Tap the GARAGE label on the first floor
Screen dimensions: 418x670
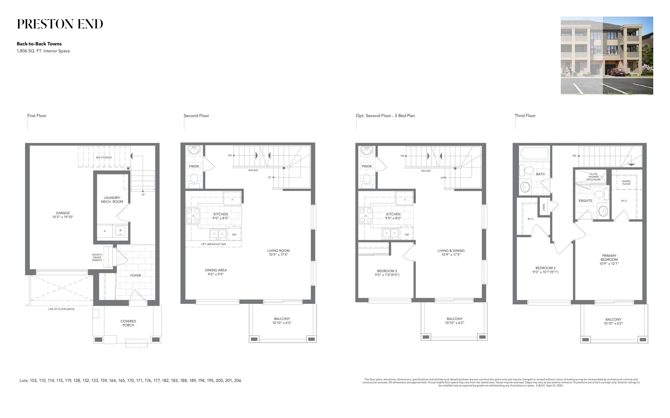(x=63, y=213)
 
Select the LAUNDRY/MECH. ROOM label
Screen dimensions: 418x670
(x=112, y=200)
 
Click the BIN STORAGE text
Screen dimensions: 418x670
(x=104, y=158)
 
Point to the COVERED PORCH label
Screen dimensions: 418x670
(x=128, y=323)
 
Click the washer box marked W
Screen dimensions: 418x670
(x=120, y=231)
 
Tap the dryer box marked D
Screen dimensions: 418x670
(x=105, y=231)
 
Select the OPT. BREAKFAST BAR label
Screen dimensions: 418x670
(x=214, y=244)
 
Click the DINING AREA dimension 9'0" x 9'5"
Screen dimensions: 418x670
(x=216, y=274)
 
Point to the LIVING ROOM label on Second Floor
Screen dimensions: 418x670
(x=278, y=251)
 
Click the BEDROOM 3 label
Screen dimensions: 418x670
(x=387, y=271)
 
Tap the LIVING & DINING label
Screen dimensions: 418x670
(x=451, y=251)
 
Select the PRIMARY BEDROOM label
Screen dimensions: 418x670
(x=609, y=258)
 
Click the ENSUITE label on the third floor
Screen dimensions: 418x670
(x=585, y=201)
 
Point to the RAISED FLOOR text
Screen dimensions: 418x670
(x=626, y=182)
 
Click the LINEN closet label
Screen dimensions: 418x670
(x=544, y=207)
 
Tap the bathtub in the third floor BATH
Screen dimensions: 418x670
(x=534, y=153)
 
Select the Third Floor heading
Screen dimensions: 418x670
(x=525, y=115)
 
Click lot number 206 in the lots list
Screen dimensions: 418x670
(x=238, y=380)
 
